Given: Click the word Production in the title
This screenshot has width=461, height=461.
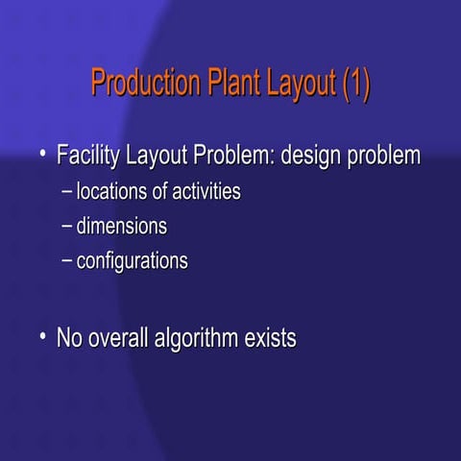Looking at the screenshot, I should click(x=144, y=84).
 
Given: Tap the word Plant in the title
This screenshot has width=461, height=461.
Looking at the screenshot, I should click(x=230, y=84).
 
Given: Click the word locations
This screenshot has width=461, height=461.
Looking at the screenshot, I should click(x=110, y=192).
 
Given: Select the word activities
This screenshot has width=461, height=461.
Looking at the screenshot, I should click(x=204, y=192).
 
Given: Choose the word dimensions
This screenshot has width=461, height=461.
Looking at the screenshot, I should click(x=122, y=227).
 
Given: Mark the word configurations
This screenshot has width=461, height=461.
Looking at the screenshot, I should click(x=133, y=261).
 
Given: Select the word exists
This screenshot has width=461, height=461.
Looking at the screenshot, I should click(x=270, y=338).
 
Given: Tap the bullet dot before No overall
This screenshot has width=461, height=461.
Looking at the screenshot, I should click(x=42, y=336).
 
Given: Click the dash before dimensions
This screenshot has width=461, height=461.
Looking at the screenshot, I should click(x=66, y=228).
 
